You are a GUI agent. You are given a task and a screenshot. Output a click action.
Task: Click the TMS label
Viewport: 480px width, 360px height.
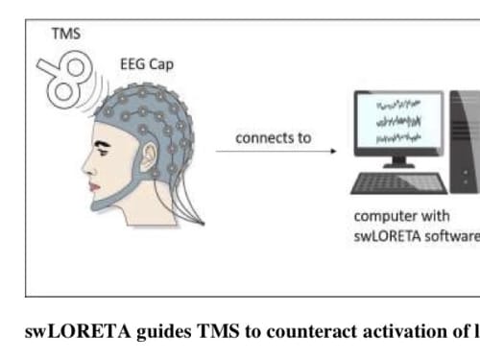click(66, 34)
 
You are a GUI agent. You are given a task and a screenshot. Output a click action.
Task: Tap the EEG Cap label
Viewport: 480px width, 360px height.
click(147, 64)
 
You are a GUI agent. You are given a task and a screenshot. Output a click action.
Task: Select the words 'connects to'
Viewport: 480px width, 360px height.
click(274, 138)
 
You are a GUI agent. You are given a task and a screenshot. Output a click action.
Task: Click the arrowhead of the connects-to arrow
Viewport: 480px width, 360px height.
click(334, 151)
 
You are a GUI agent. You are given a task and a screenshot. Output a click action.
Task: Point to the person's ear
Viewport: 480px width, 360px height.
click(148, 157)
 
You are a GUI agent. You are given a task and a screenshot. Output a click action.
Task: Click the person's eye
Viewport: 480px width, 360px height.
click(103, 152)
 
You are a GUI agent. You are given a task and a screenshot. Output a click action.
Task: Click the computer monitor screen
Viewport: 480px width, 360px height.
click(398, 121)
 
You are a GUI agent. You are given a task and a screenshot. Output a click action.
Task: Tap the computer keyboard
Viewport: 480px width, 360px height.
click(398, 183)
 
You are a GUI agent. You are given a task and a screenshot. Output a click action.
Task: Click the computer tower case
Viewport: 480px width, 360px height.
click(465, 142)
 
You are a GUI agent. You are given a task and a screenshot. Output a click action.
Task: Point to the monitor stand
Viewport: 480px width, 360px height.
click(398, 162)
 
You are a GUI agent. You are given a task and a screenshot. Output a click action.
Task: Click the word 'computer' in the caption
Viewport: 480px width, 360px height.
click(381, 217)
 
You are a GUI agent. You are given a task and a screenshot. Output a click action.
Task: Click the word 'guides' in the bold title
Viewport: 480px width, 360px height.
click(163, 332)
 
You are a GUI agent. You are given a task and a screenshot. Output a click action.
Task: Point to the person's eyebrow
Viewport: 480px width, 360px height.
click(103, 144)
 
